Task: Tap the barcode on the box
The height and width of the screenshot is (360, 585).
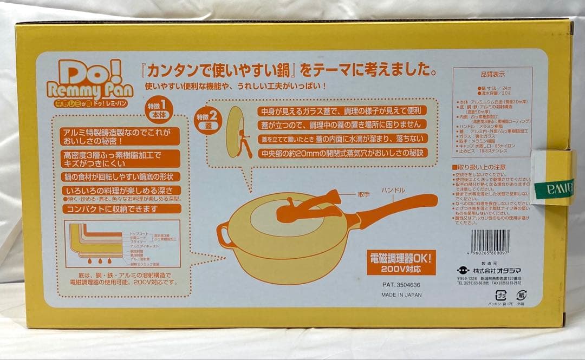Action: coord(490,241)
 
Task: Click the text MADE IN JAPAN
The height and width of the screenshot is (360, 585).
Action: coord(401,295)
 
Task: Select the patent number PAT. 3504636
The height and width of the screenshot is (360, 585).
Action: coord(401,284)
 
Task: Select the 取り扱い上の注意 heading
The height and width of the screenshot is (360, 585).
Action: coord(482,167)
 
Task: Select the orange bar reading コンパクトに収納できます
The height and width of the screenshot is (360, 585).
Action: coord(121,209)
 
